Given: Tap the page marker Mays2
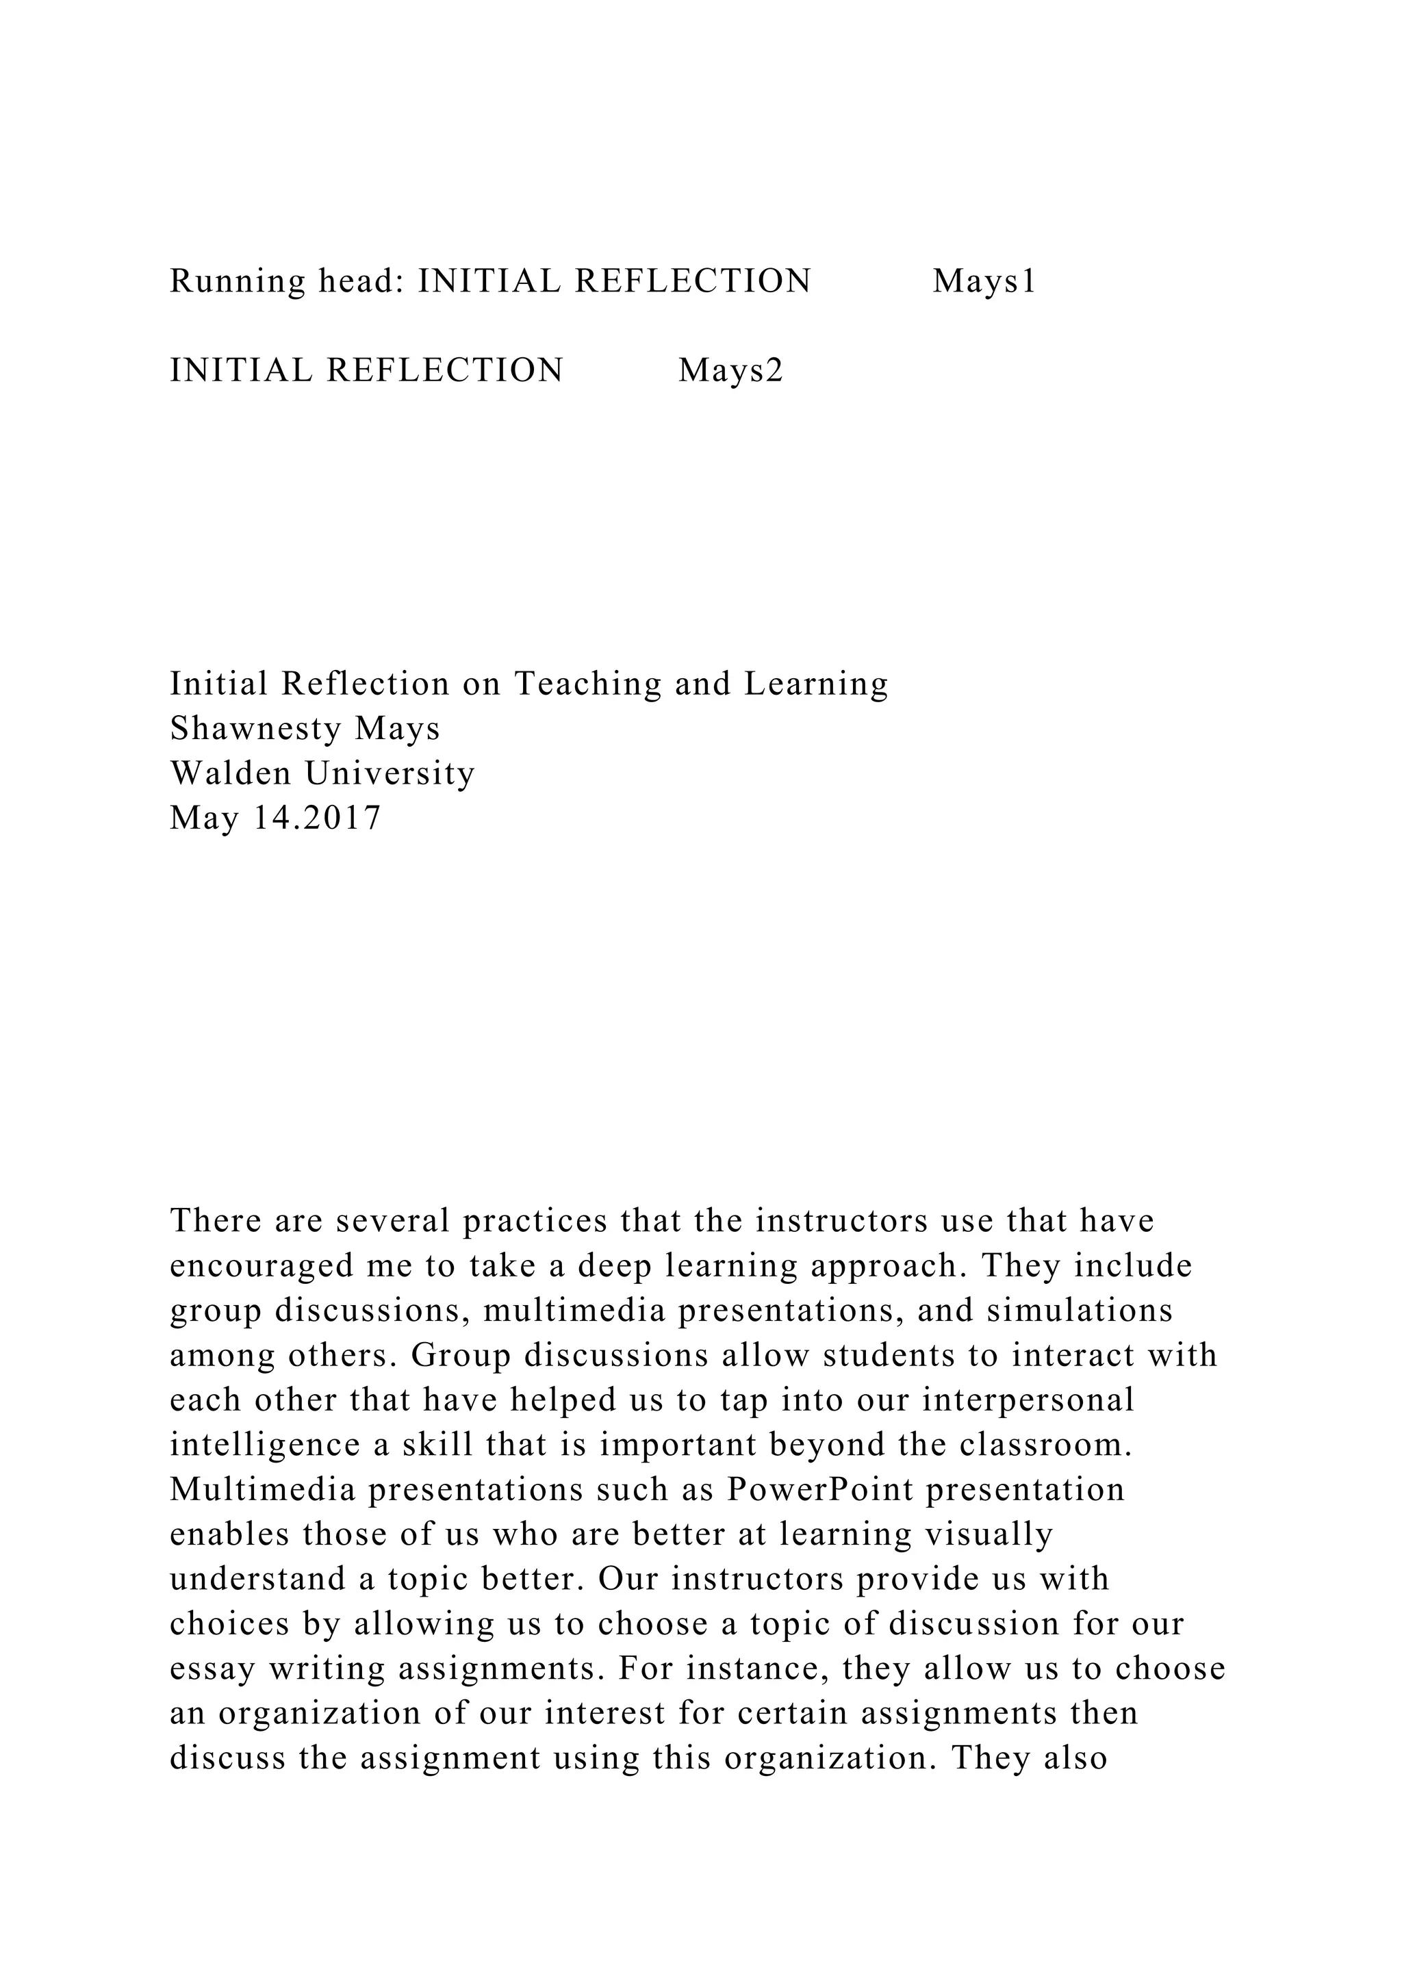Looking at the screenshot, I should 730,371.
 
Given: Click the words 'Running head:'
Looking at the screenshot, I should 287,281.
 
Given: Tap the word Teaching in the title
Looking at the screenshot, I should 588,684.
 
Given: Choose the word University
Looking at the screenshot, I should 390,773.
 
